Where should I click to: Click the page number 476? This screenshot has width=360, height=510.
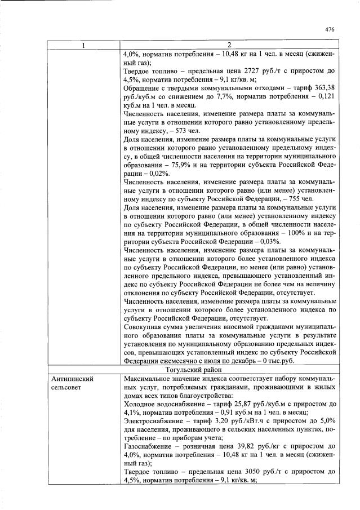click(330, 30)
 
